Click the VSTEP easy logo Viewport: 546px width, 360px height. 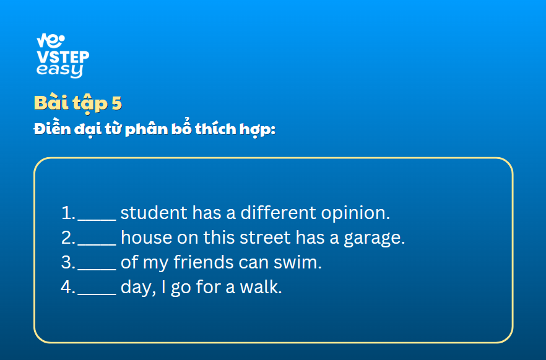63,56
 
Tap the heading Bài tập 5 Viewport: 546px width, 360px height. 78,103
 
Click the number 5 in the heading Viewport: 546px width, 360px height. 116,103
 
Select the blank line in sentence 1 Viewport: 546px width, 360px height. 97,220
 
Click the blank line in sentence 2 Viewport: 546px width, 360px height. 97,244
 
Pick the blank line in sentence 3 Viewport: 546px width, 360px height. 97,269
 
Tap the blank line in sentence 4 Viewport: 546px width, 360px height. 97,294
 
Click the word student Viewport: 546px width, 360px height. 154,213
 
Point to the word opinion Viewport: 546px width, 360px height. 355,213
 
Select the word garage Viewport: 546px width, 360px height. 375,238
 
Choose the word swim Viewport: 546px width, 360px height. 298,262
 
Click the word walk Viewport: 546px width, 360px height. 261,287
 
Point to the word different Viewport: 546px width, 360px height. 278,212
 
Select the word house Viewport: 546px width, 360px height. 147,238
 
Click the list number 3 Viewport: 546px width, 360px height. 68,262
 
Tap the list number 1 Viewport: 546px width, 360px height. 68,213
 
